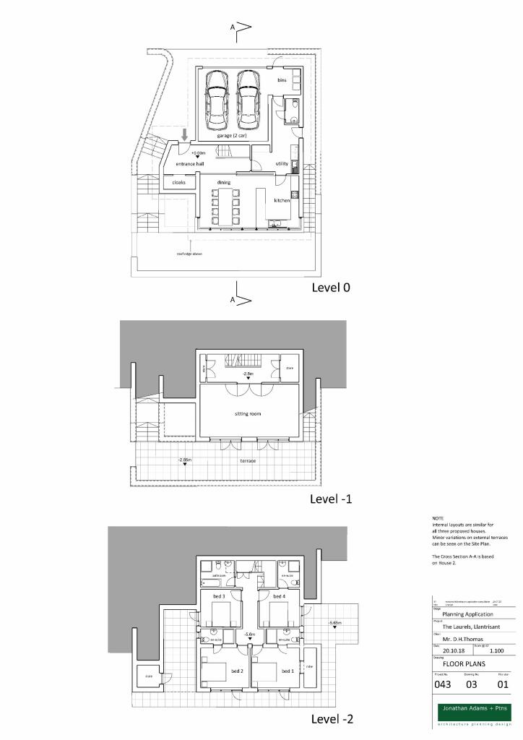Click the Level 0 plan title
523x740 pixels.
[x=330, y=287]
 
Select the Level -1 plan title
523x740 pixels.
[x=331, y=499]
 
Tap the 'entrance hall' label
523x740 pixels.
[x=190, y=164]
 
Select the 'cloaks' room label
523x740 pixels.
[x=178, y=182]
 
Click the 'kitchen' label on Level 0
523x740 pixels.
[x=282, y=200]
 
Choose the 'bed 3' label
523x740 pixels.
[x=218, y=595]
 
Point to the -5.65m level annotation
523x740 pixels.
[x=334, y=622]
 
